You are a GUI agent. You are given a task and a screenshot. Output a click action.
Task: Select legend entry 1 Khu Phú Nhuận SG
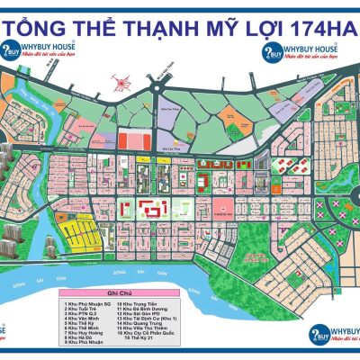pyautogui.click(x=87, y=304)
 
